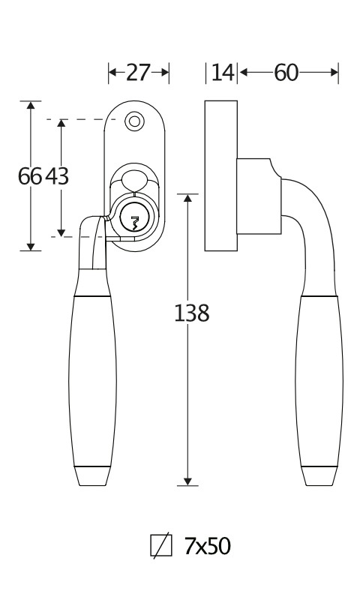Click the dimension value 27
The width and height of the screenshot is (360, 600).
point(138,72)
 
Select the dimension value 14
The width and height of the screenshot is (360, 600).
point(223,72)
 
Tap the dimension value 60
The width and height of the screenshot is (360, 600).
point(286,72)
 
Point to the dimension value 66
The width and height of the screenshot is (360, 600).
point(30,176)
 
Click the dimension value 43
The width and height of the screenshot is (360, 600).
point(57,176)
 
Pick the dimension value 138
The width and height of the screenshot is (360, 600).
point(192,313)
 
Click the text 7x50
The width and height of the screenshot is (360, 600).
point(207,546)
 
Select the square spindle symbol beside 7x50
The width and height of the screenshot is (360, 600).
point(161,545)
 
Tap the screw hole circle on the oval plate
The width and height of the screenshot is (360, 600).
point(134,121)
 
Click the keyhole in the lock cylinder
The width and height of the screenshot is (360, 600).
point(134,223)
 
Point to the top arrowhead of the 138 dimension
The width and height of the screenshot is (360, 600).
point(187,198)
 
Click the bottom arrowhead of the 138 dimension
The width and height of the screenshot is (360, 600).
point(187,481)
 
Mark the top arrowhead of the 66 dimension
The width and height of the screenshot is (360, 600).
point(31,105)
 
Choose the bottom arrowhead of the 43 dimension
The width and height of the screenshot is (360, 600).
point(61,232)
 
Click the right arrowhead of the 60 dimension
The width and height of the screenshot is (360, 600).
point(334,72)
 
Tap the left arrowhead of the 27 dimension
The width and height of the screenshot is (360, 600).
point(112,72)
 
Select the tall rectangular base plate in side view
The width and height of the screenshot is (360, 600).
point(220,175)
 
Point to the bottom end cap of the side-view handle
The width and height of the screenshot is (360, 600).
point(319,476)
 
